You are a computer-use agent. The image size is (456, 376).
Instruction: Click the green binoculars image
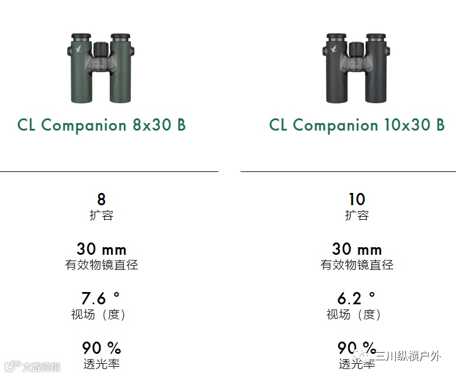tap(101, 68)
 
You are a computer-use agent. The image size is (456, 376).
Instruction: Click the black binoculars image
tap(356, 68)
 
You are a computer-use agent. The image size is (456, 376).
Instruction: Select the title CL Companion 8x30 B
tap(101, 125)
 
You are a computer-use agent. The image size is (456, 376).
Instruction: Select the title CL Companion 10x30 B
tap(357, 125)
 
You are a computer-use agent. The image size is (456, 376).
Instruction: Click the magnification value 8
tap(101, 199)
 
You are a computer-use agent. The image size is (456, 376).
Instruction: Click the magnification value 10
tap(357, 199)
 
